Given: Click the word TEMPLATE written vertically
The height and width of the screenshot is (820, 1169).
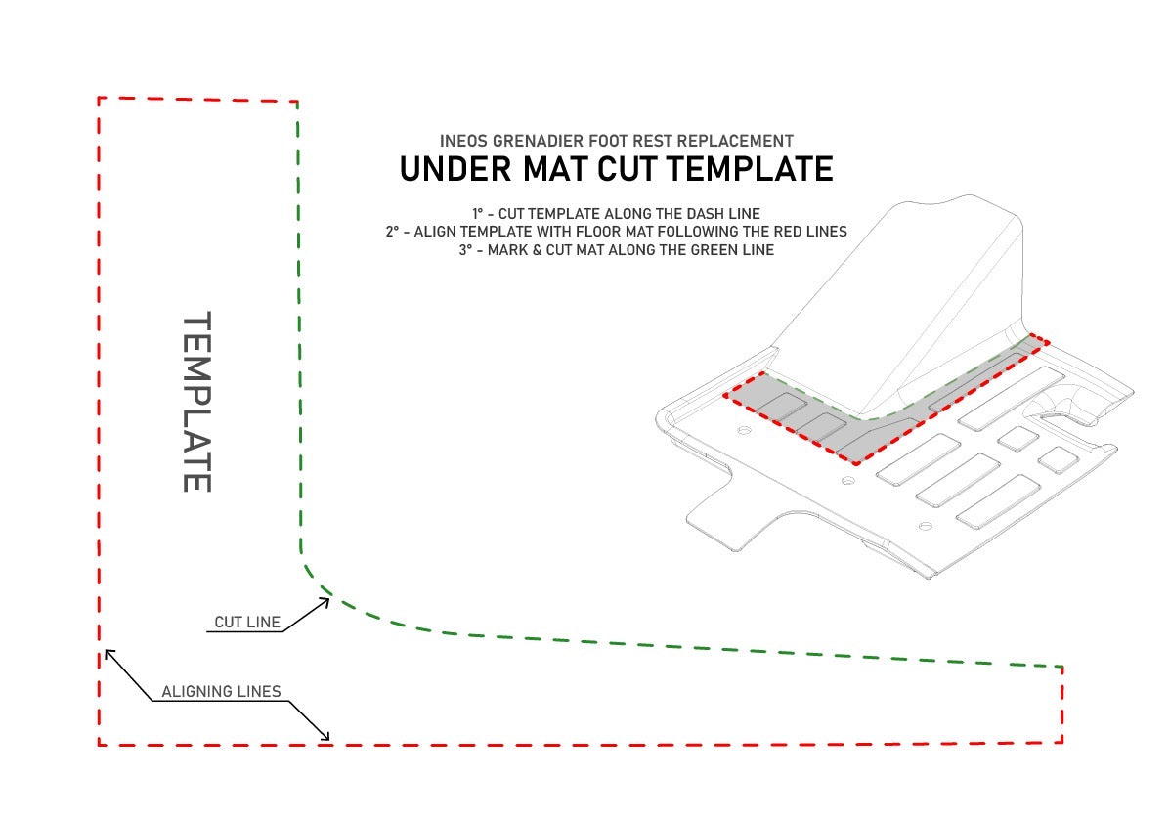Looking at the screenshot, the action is pyautogui.click(x=197, y=402).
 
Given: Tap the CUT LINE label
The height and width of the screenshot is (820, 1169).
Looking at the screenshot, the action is pyautogui.click(x=247, y=623).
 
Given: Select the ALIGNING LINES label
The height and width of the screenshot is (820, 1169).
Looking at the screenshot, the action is pyautogui.click(x=222, y=692).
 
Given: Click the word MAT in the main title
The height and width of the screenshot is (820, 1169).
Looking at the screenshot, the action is pyautogui.click(x=553, y=169).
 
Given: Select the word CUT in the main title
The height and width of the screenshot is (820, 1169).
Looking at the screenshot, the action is pyautogui.click(x=627, y=169).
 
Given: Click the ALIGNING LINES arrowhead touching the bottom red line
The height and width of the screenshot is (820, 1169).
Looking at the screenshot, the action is pyautogui.click(x=324, y=735).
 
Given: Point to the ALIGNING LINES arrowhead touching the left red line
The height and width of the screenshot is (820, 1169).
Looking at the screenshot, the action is pyautogui.click(x=110, y=655).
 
